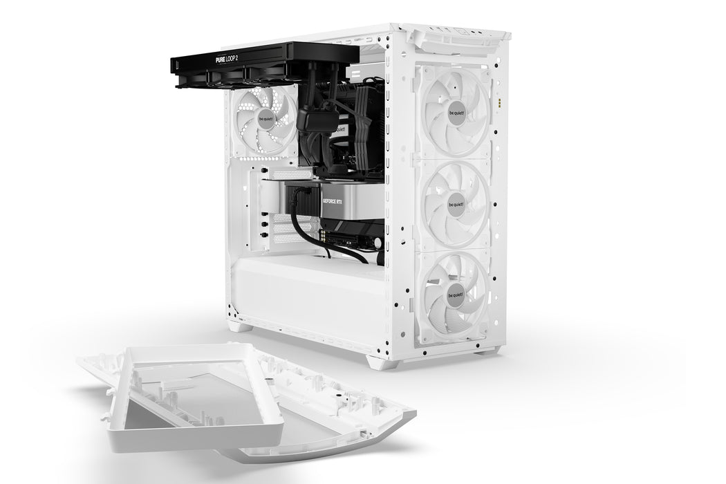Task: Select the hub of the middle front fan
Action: (x=456, y=204)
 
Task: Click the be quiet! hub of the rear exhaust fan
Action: (x=266, y=119)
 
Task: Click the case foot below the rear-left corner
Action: (x=240, y=325)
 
